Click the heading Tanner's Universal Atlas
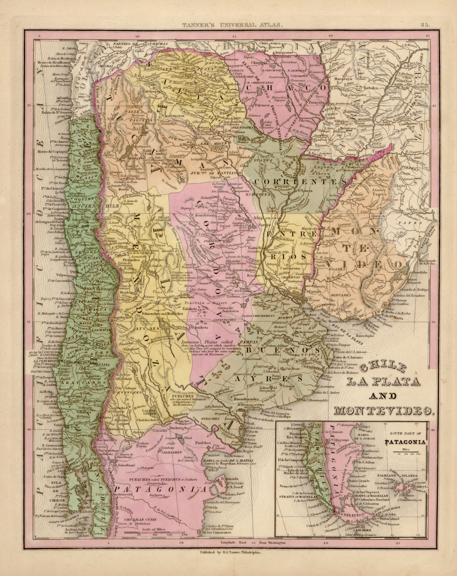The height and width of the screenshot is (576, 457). point(233,25)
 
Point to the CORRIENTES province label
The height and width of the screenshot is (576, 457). point(296,182)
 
